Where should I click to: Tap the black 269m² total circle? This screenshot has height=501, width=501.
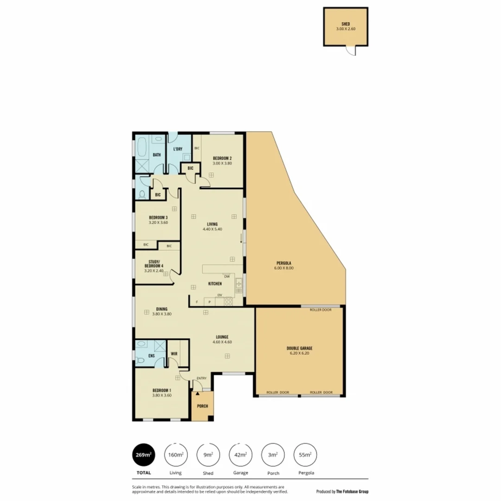tap(144, 455)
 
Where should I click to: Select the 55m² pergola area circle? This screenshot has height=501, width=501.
tap(306, 455)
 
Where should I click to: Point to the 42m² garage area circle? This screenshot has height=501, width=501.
tap(241, 455)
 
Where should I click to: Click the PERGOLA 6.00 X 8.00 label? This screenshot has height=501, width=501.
tap(285, 266)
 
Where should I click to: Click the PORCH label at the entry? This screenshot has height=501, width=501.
tap(202, 406)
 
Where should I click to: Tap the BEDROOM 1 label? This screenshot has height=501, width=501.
tap(162, 390)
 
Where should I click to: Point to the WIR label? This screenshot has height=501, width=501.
tap(174, 353)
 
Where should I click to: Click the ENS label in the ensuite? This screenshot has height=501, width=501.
tap(151, 356)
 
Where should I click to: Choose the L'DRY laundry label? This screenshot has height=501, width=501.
tap(178, 149)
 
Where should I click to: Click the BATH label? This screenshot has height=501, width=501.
tap(157, 154)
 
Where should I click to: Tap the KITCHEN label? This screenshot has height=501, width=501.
tap(215, 283)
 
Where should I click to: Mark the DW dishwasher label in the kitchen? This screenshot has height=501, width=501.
tap(227, 276)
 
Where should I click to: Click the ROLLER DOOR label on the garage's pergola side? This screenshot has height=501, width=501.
tap(321, 310)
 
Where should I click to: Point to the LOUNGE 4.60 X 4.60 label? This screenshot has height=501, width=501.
tap(222, 340)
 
